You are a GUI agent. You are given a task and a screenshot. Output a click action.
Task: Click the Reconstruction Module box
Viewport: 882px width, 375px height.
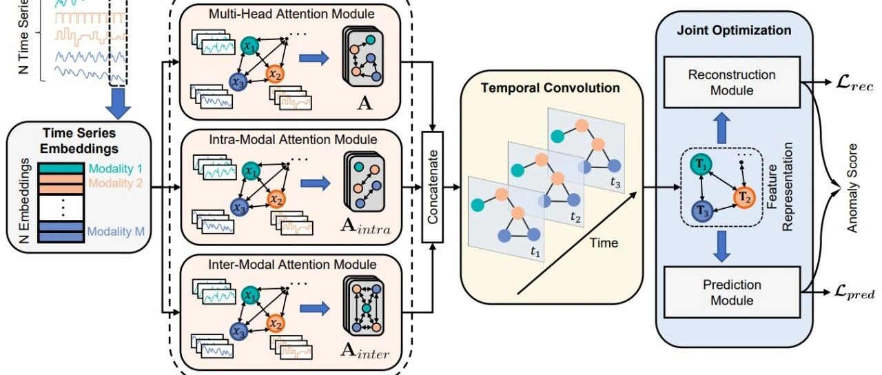[x=732, y=82]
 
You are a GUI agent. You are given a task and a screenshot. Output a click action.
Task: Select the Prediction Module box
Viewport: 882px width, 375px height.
[x=732, y=292]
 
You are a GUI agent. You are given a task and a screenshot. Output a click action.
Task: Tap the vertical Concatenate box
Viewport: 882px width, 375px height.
[x=432, y=187]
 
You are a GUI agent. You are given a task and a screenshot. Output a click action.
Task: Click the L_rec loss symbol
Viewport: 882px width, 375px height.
[x=854, y=84]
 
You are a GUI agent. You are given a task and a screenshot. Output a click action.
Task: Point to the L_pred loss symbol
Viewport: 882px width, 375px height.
[x=854, y=293]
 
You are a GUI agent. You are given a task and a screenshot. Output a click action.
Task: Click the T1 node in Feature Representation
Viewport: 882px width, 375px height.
[x=701, y=164]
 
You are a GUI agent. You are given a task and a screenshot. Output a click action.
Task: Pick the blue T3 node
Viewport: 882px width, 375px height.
[x=703, y=211]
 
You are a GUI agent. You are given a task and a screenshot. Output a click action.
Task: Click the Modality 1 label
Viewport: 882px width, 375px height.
[x=115, y=169]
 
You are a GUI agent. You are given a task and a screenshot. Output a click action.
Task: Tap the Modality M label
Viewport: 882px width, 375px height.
[x=116, y=231]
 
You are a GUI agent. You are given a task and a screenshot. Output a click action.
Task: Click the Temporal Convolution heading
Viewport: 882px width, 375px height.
[x=550, y=88]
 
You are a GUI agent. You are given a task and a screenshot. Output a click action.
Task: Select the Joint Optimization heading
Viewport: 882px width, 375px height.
[x=734, y=30]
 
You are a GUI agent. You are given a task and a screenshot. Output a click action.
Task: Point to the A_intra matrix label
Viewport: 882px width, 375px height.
[x=365, y=226]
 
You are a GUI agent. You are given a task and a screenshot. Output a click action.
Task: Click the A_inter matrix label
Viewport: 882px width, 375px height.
[x=365, y=351]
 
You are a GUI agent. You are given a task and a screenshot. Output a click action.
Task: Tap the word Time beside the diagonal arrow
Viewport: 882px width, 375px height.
[x=604, y=243]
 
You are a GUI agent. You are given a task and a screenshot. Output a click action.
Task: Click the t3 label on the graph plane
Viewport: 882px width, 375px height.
[x=615, y=183]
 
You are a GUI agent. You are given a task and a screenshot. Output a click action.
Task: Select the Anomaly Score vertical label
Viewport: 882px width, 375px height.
[x=852, y=188]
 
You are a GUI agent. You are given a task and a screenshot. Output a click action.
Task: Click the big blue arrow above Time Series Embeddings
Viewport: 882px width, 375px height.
[x=118, y=103]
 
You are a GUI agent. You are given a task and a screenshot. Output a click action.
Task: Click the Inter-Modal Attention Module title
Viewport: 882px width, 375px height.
[x=292, y=264]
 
